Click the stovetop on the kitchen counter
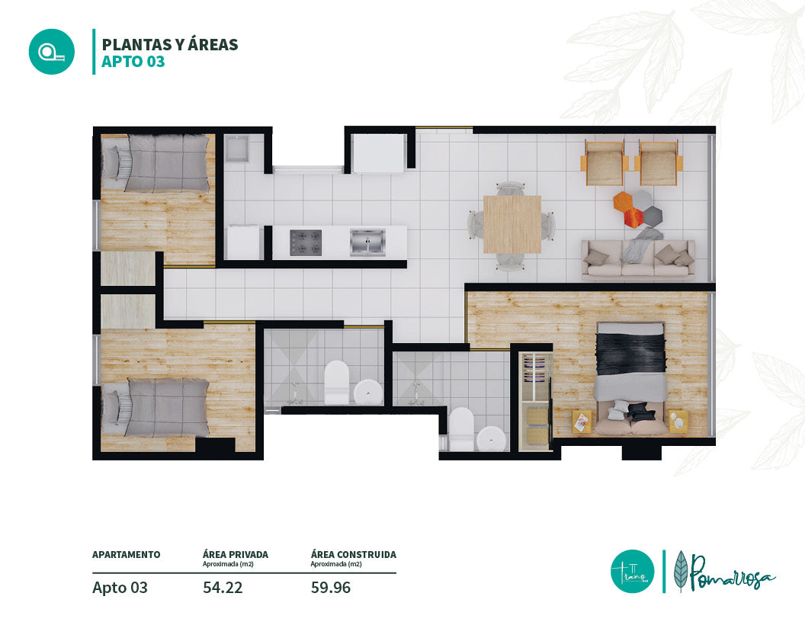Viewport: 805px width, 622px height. point(306,242)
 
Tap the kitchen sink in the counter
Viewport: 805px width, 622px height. point(367,242)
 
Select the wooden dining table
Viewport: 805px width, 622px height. point(512,224)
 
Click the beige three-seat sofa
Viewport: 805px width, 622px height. point(637,259)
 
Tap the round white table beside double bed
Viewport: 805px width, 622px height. point(677,422)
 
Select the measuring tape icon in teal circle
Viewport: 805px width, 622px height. point(52,52)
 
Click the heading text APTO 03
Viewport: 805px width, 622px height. point(133,62)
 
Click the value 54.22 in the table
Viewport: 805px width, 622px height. point(223,588)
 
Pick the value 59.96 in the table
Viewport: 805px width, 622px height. point(331,588)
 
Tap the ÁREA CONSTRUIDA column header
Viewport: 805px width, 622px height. point(353,555)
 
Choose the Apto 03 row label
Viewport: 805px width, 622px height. point(120,588)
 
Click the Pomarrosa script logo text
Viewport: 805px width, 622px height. point(730,572)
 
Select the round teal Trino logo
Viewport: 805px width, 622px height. point(633,571)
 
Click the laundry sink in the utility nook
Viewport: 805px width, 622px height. point(236,149)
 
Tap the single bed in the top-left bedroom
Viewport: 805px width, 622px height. point(156,163)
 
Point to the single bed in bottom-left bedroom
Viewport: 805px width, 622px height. point(156,408)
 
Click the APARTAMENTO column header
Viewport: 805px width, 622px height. point(127,555)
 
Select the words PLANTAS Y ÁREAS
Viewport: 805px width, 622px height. point(170,45)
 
